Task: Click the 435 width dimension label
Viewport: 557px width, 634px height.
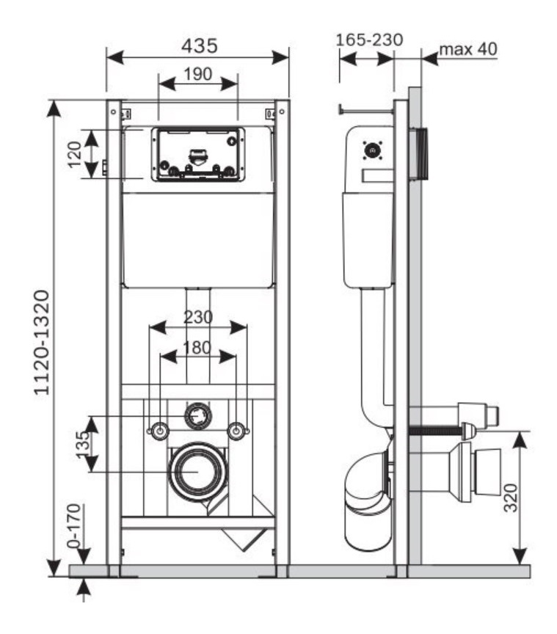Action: pos(199,45)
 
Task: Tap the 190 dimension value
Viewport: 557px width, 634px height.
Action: pos(198,74)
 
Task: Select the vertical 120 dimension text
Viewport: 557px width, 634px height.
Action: pos(75,154)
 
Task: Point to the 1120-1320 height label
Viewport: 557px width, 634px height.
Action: pos(42,342)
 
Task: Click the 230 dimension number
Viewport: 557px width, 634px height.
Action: pos(198,317)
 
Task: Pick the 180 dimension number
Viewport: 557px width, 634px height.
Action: pos(197,348)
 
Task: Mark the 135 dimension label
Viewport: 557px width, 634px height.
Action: pos(82,445)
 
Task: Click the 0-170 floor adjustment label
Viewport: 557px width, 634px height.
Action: pos(74,525)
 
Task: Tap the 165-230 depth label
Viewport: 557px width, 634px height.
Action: pos(369,40)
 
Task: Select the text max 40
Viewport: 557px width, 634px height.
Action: pos(468,49)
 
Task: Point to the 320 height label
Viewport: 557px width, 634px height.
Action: pos(511,498)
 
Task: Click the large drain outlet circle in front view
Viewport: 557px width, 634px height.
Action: pos(198,471)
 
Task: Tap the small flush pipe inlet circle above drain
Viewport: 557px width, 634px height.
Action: pos(198,415)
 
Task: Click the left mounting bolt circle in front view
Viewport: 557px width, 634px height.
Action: pos(160,431)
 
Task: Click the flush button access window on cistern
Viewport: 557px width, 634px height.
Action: pos(198,154)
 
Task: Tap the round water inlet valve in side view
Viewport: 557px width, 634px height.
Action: pos(372,151)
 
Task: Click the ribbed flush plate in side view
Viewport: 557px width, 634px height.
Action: pos(419,154)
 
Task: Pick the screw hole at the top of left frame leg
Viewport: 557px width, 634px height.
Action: pos(114,112)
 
